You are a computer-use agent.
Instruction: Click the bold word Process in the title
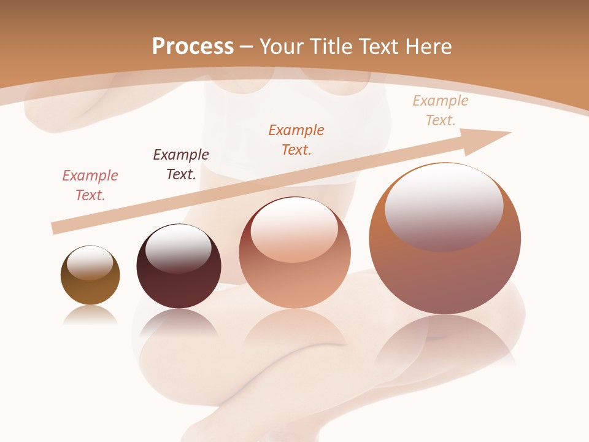(x=193, y=47)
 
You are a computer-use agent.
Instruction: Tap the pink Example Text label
(x=90, y=185)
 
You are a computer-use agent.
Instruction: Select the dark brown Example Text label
(x=181, y=165)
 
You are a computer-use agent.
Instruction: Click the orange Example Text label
(x=296, y=140)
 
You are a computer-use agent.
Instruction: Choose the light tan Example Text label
(x=441, y=110)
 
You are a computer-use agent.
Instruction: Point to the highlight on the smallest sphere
(x=90, y=263)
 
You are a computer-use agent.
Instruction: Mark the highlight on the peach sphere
(x=294, y=227)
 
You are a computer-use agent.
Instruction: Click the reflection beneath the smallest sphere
(x=90, y=316)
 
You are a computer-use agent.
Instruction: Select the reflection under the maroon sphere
(x=179, y=322)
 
